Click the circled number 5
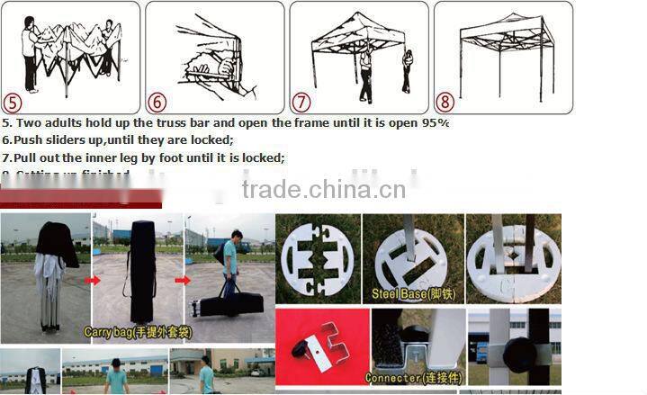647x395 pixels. click(x=13, y=103)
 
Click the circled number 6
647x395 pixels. click(x=157, y=103)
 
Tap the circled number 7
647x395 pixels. click(x=301, y=103)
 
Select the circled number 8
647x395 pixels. click(x=445, y=103)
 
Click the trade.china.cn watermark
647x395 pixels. click(x=323, y=190)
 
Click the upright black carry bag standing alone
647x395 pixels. click(x=143, y=270)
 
